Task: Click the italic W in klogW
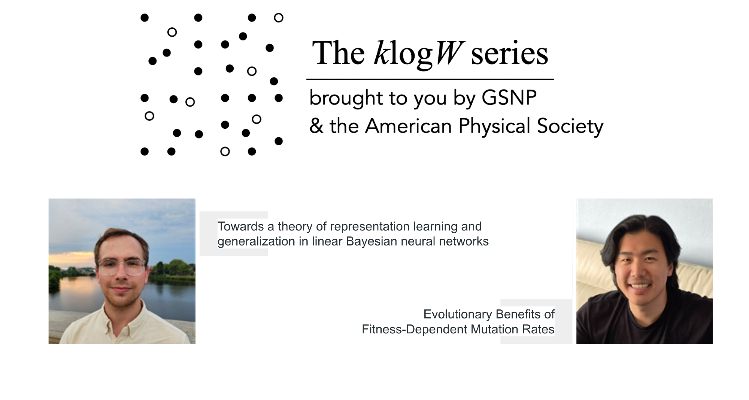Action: click(449, 53)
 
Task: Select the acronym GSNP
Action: click(509, 98)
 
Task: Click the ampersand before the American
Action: click(316, 126)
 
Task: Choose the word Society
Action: click(570, 126)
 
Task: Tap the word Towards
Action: click(241, 226)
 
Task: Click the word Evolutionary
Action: click(458, 314)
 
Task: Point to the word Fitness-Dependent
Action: click(415, 329)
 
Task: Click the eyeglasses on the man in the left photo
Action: click(122, 266)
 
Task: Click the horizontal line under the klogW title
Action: click(430, 79)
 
